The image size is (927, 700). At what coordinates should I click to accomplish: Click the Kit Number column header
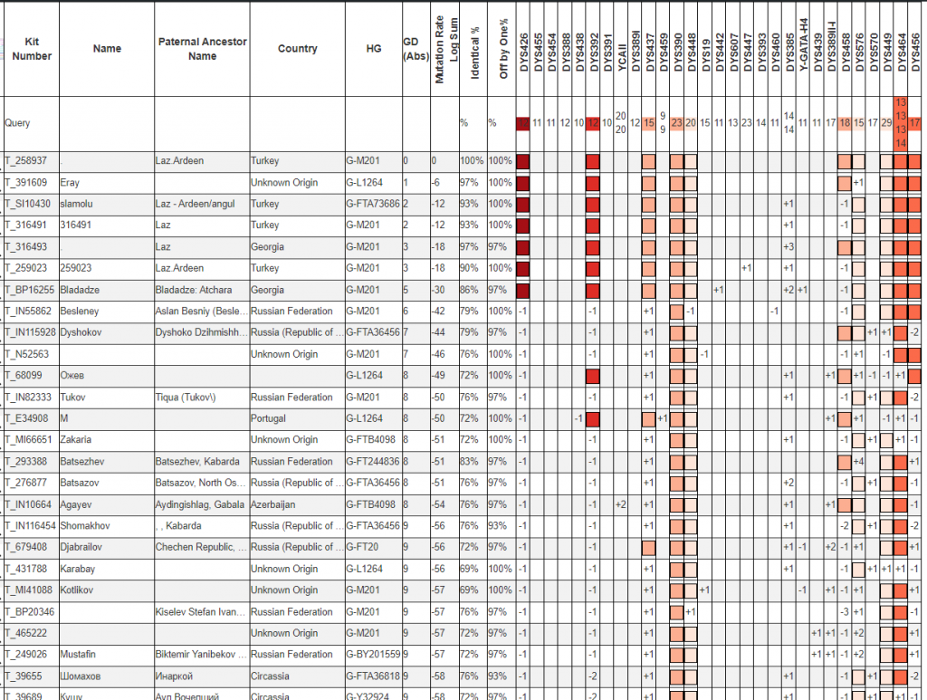coord(32,49)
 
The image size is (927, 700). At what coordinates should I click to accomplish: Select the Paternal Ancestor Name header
coord(202,49)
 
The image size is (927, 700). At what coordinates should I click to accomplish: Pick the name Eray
coord(71,183)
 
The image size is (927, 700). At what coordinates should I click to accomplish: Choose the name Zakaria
coord(75,440)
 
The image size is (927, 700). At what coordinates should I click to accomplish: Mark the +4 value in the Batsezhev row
coord(858,462)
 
